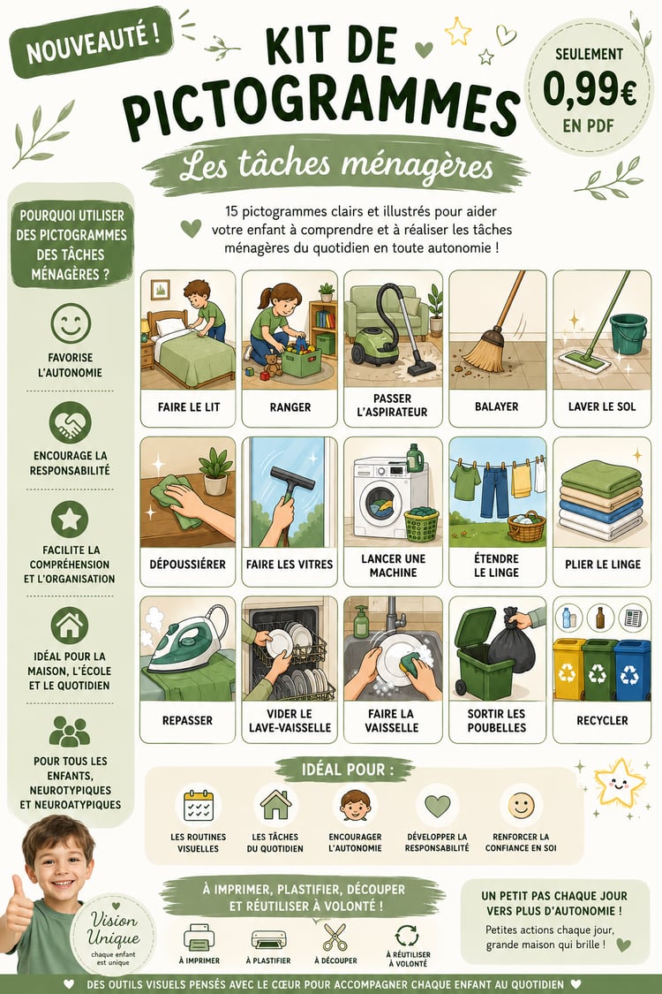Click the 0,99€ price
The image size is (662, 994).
point(590,90)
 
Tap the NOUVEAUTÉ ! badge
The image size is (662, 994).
point(91,42)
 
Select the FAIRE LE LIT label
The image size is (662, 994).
point(188,407)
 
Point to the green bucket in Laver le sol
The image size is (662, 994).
point(628,333)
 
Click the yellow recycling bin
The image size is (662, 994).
point(568,669)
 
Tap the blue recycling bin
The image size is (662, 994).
point(632,670)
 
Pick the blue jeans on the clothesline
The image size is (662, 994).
point(494,491)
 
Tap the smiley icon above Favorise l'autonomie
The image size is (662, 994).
point(71,323)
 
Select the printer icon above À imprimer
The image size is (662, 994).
point(199,937)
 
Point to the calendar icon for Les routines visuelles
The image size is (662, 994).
point(199,805)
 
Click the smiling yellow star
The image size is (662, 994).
point(618,782)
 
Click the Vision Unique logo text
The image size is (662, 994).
point(113,929)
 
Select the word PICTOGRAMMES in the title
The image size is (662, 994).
point(320,108)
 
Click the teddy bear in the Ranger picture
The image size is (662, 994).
point(273,366)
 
